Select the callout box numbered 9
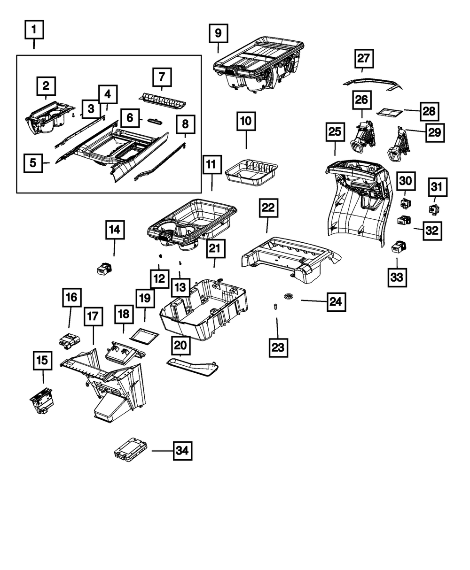[218, 33]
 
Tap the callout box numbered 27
[364, 59]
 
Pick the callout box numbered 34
[182, 451]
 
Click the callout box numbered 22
[268, 208]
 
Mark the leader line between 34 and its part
[162, 451]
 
